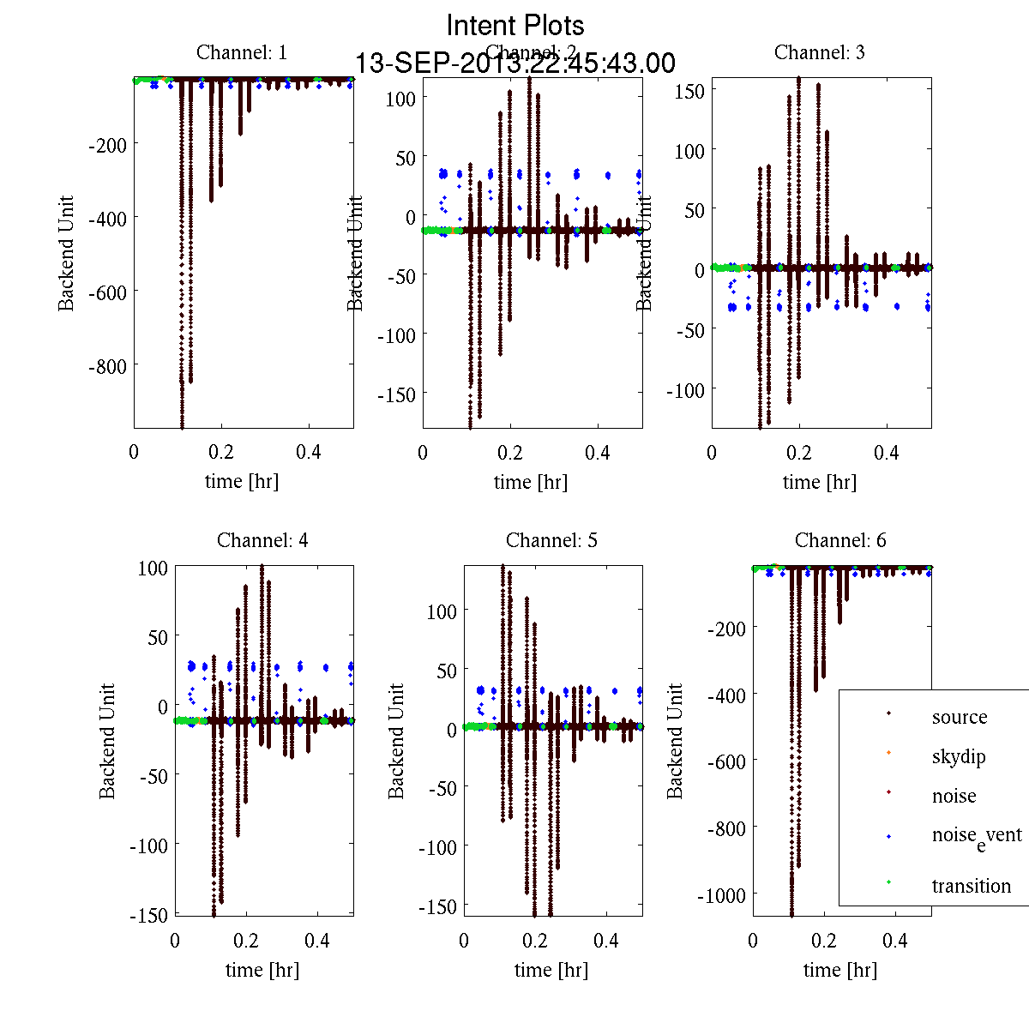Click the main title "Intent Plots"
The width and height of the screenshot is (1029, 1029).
515,25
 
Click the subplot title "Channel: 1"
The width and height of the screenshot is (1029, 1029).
242,52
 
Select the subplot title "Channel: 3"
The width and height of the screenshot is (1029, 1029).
819,52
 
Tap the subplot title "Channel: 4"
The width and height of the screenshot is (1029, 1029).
262,540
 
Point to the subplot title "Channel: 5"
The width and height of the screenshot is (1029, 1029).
551,540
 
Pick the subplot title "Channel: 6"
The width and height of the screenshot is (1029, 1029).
840,540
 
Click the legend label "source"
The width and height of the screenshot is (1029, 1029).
959,717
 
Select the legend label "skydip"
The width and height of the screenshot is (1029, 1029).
958,756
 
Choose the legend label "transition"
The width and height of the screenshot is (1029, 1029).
971,886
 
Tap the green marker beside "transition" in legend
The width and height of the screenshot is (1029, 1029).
888,882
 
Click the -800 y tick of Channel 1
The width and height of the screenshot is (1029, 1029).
107,366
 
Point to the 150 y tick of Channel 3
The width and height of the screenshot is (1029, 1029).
689,91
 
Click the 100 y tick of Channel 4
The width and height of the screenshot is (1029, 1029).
153,568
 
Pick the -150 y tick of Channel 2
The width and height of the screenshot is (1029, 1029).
396,394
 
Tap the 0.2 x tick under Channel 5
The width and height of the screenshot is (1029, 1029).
535,941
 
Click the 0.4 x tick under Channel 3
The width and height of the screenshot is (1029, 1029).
887,453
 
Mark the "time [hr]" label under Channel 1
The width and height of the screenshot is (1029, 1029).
242,481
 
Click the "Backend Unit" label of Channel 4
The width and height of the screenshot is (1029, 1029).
107,741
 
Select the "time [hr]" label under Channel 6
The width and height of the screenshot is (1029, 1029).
840,970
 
